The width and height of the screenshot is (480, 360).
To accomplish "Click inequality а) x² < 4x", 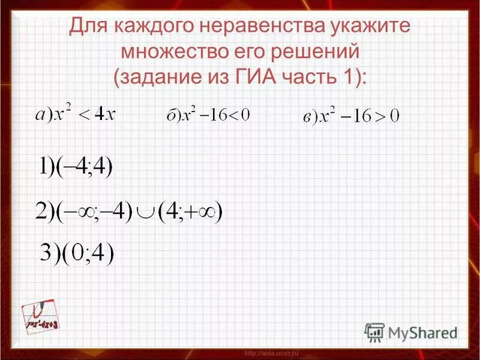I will point(74,112).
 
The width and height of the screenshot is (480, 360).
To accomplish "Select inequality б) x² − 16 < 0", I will point(207,114).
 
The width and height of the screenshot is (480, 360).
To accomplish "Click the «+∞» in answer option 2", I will point(203,211).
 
